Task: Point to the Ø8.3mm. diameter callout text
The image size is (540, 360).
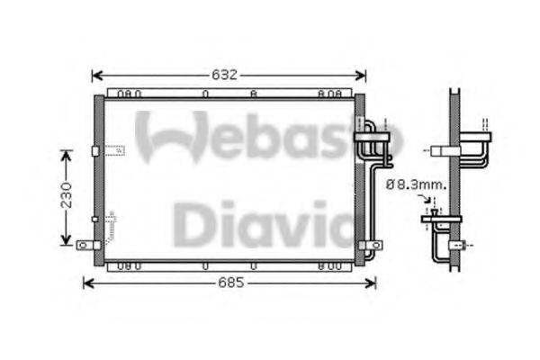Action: (x=415, y=184)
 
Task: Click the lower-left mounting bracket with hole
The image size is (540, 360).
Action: (x=85, y=244)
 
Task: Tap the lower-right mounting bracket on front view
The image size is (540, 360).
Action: (x=368, y=243)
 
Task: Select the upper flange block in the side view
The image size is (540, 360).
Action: (x=475, y=139)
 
